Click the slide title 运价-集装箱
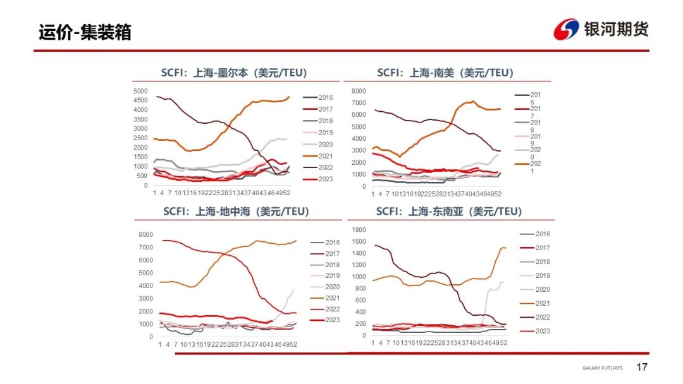(x=85, y=32)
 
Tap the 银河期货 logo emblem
(x=565, y=30)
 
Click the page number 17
(x=642, y=368)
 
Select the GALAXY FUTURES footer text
(x=602, y=368)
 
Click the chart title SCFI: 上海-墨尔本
(x=233, y=73)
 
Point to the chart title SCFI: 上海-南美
(x=445, y=73)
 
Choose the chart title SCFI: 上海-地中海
(x=236, y=212)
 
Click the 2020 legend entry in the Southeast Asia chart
(x=542, y=289)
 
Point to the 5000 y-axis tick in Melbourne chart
(x=140, y=91)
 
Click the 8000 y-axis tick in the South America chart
(x=359, y=91)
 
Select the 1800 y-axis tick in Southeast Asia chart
(x=359, y=230)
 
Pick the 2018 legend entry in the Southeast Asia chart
(x=542, y=261)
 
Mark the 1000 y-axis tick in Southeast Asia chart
(x=359, y=277)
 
